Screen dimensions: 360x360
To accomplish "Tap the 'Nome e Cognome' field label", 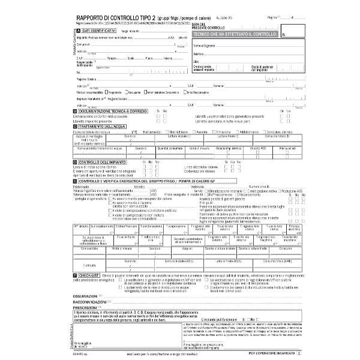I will click(204, 45).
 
